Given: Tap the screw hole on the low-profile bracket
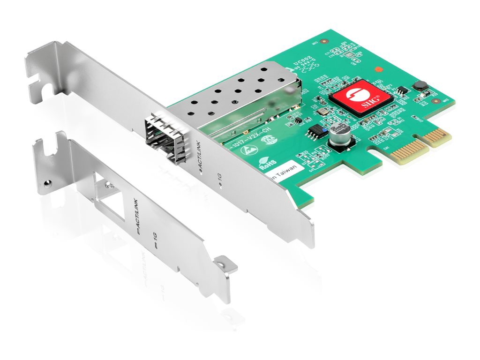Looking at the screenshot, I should (x=45, y=181).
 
